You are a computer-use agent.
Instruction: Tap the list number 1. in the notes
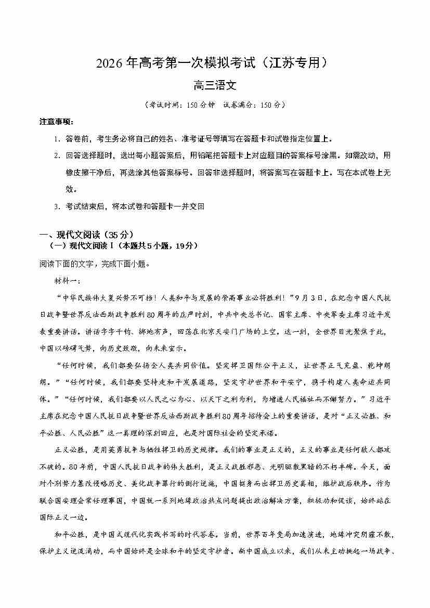point(57,139)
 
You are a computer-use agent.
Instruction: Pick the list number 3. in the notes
point(57,206)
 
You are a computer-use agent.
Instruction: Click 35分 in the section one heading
point(108,234)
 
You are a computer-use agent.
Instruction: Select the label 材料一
point(67,281)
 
